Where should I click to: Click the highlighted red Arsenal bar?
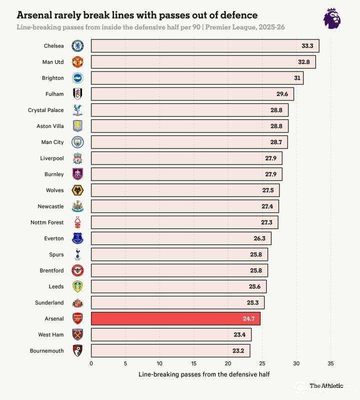[175, 318]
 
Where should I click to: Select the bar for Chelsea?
[205, 46]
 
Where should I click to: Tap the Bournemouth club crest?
[77, 350]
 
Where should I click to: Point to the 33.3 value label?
[307, 46]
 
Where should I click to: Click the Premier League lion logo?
[332, 18]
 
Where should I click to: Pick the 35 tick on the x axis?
[330, 363]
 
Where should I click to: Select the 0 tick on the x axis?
[91, 363]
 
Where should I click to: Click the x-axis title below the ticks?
[203, 374]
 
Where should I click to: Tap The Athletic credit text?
[326, 385]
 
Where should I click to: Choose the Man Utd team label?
[53, 62]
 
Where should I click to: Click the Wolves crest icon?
[77, 190]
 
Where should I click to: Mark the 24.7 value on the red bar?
[248, 318]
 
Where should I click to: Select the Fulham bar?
[192, 94]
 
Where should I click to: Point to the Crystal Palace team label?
[46, 110]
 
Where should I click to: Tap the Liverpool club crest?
[77, 158]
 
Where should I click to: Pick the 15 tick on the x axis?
[193, 363]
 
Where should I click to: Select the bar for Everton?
[181, 238]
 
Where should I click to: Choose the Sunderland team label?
[49, 302]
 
